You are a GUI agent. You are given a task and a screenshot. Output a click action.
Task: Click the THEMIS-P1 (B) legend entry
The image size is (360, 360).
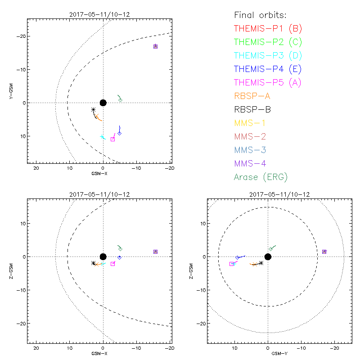click(268, 29)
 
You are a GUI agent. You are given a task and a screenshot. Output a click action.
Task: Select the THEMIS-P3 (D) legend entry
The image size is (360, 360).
click(268, 56)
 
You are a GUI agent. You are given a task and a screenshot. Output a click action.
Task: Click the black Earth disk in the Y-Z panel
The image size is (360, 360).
click(268, 256)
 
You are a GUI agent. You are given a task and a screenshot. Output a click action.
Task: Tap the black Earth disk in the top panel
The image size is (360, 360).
click(103, 103)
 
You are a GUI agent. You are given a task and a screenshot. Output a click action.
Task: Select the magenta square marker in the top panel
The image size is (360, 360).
click(112, 139)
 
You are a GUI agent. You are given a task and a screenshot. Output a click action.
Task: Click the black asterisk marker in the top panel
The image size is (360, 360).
click(93, 109)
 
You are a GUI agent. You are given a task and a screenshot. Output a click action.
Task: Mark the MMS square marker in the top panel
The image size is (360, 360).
click(155, 46)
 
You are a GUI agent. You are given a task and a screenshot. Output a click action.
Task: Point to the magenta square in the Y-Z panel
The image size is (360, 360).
click(231, 264)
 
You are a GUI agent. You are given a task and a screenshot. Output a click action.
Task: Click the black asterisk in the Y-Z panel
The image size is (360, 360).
click(261, 263)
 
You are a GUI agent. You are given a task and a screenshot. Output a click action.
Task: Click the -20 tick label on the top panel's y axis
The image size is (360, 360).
click(21, 36)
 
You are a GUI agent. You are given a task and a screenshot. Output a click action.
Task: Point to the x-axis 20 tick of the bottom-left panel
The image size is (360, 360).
click(36, 348)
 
